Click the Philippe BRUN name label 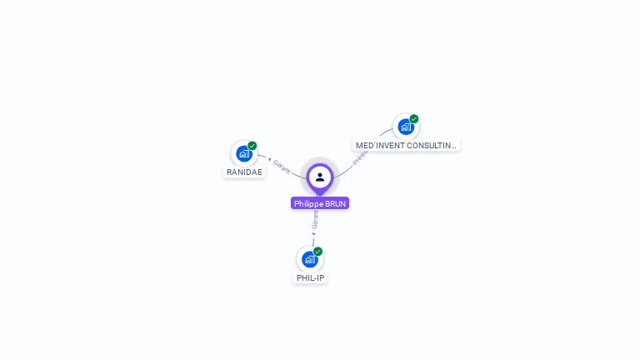pyautogui.click(x=320, y=203)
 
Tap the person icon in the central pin pyautogui.click(x=320, y=177)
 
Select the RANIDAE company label pyautogui.click(x=244, y=172)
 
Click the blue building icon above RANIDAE pyautogui.click(x=243, y=153)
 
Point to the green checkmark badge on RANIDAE pyautogui.click(x=252, y=146)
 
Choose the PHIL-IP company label pyautogui.click(x=310, y=277)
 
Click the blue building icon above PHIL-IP pyautogui.click(x=309, y=259)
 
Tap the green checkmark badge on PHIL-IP pyautogui.click(x=318, y=251)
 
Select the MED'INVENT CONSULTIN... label pyautogui.click(x=406, y=145)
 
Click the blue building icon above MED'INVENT pyautogui.click(x=405, y=127)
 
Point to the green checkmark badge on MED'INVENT pyautogui.click(x=414, y=118)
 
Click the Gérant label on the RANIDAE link pyautogui.click(x=282, y=166)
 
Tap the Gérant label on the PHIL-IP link pyautogui.click(x=315, y=220)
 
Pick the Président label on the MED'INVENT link pyautogui.click(x=360, y=157)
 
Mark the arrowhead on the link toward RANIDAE pyautogui.click(x=269, y=158)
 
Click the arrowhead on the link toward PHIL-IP pyautogui.click(x=313, y=233)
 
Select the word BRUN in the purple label pyautogui.click(x=335, y=203)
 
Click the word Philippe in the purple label pyautogui.click(x=309, y=203)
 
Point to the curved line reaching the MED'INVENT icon pyautogui.click(x=381, y=135)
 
